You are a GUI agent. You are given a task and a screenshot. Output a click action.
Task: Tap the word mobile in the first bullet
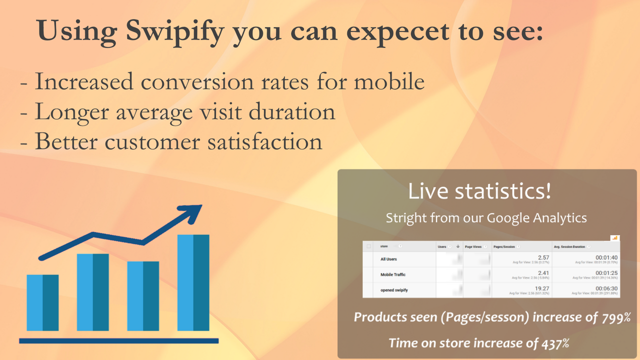389,81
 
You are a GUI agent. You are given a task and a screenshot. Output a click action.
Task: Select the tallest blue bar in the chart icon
193,282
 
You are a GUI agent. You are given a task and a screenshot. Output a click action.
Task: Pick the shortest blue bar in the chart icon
42,302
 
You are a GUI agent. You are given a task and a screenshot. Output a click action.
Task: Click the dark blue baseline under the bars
118,341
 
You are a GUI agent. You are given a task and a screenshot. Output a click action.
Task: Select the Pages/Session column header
505,246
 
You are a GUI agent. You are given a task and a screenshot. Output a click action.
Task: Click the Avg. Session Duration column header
570,246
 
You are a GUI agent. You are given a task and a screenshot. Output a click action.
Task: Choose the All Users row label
388,259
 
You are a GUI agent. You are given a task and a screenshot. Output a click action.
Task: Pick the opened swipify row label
394,290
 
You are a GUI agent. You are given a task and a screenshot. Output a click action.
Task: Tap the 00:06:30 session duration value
606,288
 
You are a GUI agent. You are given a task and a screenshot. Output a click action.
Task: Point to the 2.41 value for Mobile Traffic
543,272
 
